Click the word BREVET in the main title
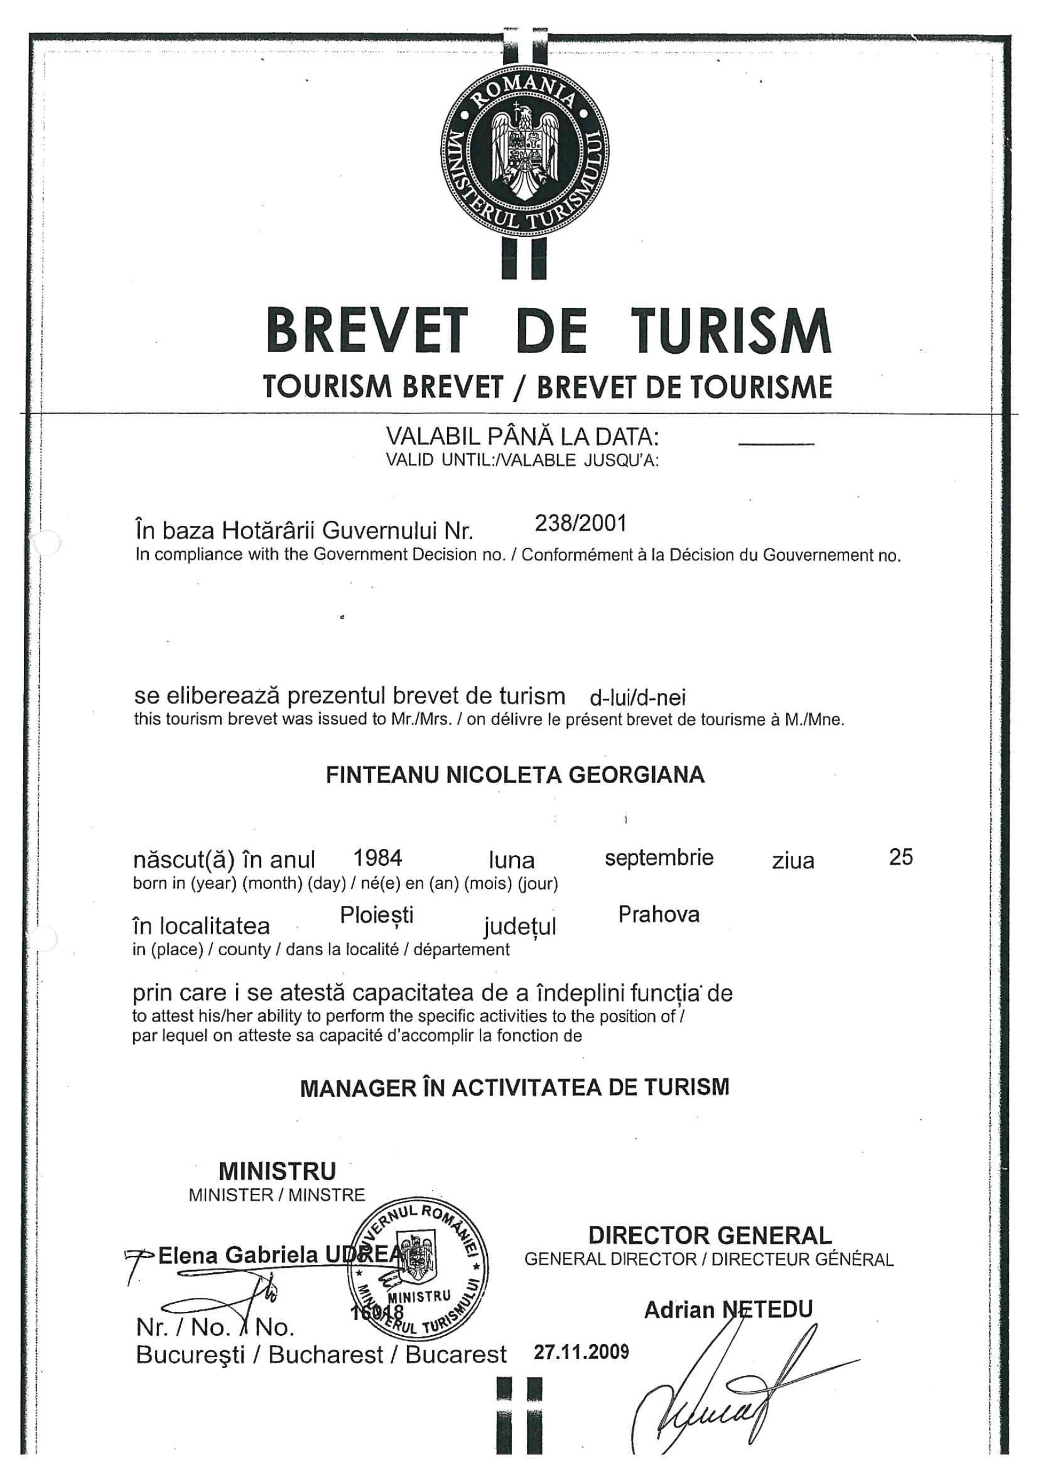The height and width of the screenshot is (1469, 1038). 367,332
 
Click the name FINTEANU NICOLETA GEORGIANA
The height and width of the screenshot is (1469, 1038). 515,775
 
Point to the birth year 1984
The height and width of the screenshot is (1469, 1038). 377,858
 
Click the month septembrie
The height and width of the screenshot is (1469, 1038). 659,858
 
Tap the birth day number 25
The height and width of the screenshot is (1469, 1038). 901,858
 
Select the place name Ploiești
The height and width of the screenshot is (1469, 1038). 377,916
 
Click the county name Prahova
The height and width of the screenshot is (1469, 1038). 659,915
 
